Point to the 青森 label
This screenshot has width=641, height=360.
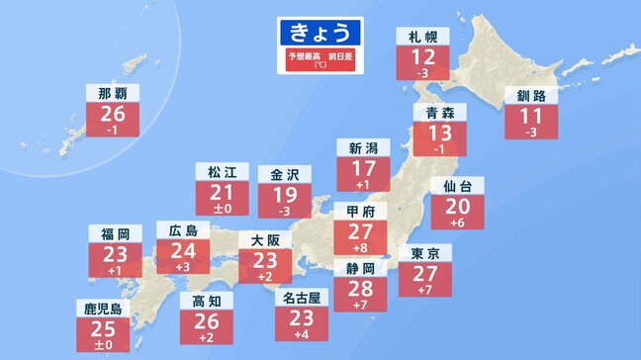coord(433,113)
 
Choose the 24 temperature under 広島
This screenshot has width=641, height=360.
coord(183,253)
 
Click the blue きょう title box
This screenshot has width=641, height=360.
coord(320,30)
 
